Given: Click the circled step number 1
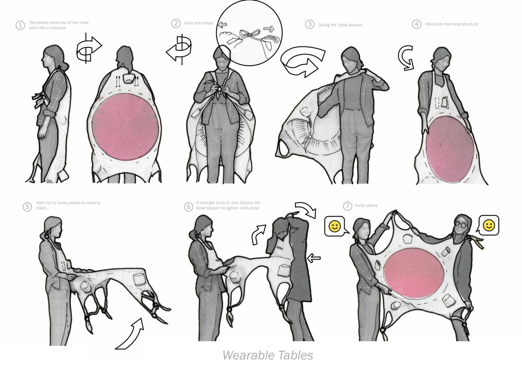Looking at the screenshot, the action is click(20, 25).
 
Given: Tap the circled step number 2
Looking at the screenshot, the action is click(176, 23).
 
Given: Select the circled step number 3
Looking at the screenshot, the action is click(309, 24).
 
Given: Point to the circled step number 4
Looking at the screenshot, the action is click(416, 24).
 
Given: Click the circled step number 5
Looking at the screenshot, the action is click(27, 206).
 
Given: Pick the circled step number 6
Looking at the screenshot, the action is click(188, 206).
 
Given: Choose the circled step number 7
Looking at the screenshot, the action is click(347, 206).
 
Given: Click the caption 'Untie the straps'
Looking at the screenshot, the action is click(198, 23).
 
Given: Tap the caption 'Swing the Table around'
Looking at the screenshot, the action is click(340, 25).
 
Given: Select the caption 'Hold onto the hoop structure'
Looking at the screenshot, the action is click(451, 24).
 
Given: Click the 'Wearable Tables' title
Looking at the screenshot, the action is click(267, 355).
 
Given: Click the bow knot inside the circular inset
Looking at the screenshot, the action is click(250, 35).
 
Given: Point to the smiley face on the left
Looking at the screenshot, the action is click(334, 226).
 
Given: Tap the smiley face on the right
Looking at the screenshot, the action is click(489, 226).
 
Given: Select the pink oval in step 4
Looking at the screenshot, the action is click(450, 150).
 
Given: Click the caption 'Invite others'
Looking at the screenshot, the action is click(366, 205).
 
